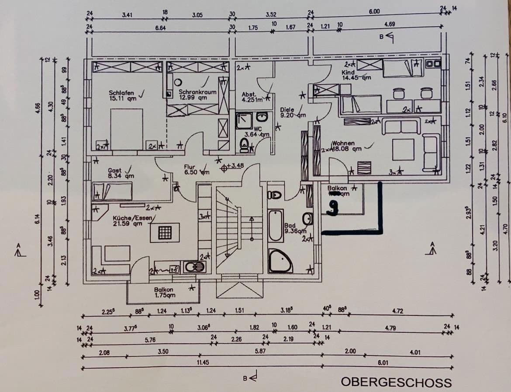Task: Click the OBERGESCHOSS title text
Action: click(x=396, y=382)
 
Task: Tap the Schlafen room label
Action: click(x=123, y=95)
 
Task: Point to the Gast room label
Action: click(x=117, y=173)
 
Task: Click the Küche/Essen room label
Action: click(x=128, y=221)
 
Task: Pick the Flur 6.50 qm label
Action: click(x=196, y=170)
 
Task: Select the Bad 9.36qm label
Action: click(x=294, y=228)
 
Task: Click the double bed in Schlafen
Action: click(x=127, y=129)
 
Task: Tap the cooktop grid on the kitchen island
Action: click(x=165, y=232)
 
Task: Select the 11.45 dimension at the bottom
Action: click(x=203, y=362)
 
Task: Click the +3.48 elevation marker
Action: click(x=231, y=166)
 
